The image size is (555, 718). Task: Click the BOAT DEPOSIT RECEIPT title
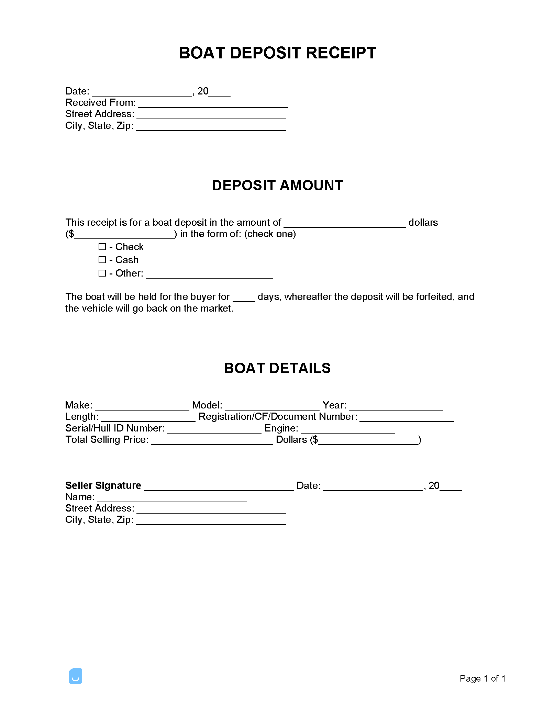pyautogui.click(x=277, y=53)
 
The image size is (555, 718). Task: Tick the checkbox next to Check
pyautogui.click(x=102, y=247)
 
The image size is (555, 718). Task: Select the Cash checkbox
pyautogui.click(x=102, y=260)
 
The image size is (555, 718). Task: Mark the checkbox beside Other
pyautogui.click(x=102, y=273)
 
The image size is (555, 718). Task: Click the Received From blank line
pyautogui.click(x=213, y=104)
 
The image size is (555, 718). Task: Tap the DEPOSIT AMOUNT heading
pyautogui.click(x=277, y=186)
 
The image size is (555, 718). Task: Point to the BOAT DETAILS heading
pyautogui.click(x=277, y=368)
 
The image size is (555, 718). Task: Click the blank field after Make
pyautogui.click(x=142, y=407)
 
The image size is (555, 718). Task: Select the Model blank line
pyautogui.click(x=272, y=407)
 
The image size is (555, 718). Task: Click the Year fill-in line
pyautogui.click(x=396, y=407)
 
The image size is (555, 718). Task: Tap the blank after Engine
pyautogui.click(x=348, y=430)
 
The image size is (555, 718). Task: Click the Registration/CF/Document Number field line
pyautogui.click(x=407, y=418)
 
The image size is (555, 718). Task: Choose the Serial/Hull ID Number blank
pyautogui.click(x=214, y=430)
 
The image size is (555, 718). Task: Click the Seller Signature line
pyautogui.click(x=219, y=487)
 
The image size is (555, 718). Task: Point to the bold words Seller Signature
pyautogui.click(x=103, y=485)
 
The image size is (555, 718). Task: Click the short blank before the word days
pyautogui.click(x=244, y=299)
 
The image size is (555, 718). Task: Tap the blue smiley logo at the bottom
pyautogui.click(x=75, y=676)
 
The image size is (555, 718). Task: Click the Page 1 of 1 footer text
pyautogui.click(x=482, y=678)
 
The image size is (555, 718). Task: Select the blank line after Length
pyautogui.click(x=148, y=418)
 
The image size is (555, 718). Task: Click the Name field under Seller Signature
pyautogui.click(x=172, y=499)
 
